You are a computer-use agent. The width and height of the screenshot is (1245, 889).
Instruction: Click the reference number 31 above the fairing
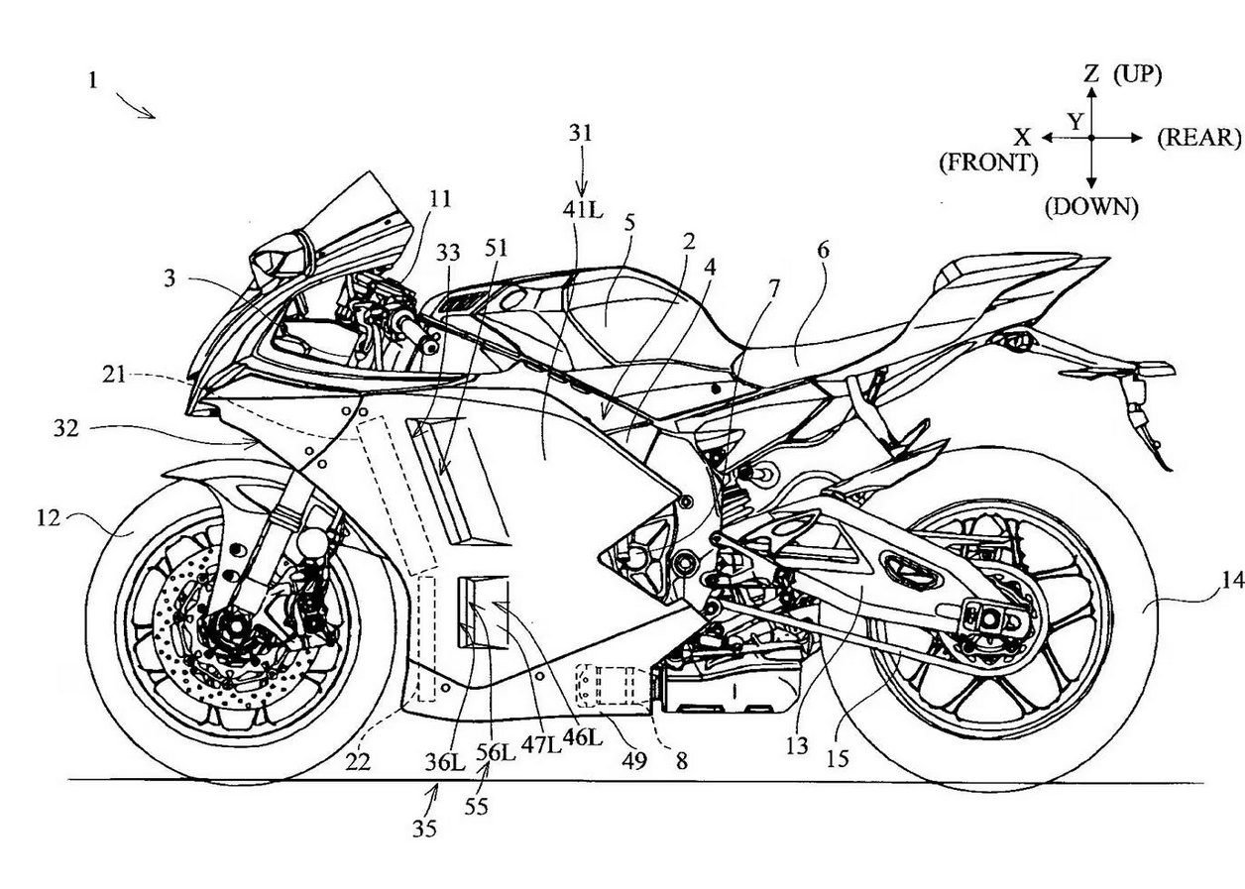581,134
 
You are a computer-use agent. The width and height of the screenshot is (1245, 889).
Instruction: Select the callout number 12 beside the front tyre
49,519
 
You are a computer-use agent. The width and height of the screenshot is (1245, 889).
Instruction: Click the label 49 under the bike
634,760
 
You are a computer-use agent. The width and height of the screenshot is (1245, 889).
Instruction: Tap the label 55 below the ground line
477,806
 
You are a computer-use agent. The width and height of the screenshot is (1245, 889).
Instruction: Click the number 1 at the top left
93,81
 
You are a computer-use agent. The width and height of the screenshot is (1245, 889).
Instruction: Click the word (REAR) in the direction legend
1198,138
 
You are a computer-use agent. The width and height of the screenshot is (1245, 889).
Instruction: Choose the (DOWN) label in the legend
1091,207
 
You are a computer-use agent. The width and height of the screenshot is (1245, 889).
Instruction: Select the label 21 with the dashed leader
114,375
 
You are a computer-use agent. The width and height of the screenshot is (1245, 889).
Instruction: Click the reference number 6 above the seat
823,251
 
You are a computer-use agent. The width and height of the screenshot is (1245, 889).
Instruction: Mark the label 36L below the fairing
445,762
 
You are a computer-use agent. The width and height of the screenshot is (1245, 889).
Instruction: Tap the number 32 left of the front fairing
66,428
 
